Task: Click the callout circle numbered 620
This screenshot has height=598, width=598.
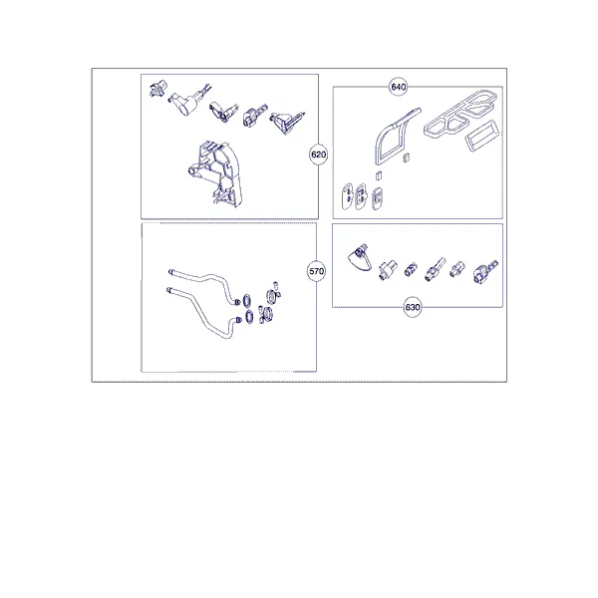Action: point(319,154)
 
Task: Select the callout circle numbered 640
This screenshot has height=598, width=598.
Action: point(398,87)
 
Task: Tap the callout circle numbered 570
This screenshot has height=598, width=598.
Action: point(316,271)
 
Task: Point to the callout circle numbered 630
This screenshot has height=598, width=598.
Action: point(413,307)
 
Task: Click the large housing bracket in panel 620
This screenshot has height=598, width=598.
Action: point(215,173)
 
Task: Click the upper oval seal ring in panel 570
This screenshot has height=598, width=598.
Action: point(247,300)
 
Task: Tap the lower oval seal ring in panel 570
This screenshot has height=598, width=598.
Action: point(249,317)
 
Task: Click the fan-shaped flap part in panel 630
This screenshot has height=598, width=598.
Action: point(359,260)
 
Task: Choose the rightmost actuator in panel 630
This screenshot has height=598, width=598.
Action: point(484,271)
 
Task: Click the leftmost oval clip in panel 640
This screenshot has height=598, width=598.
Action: point(348,195)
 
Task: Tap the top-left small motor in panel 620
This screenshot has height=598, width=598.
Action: point(157,90)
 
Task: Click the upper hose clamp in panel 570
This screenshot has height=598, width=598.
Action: point(272,295)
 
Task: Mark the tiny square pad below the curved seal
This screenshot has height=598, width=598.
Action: point(379,174)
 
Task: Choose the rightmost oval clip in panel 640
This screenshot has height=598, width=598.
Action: point(377,198)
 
